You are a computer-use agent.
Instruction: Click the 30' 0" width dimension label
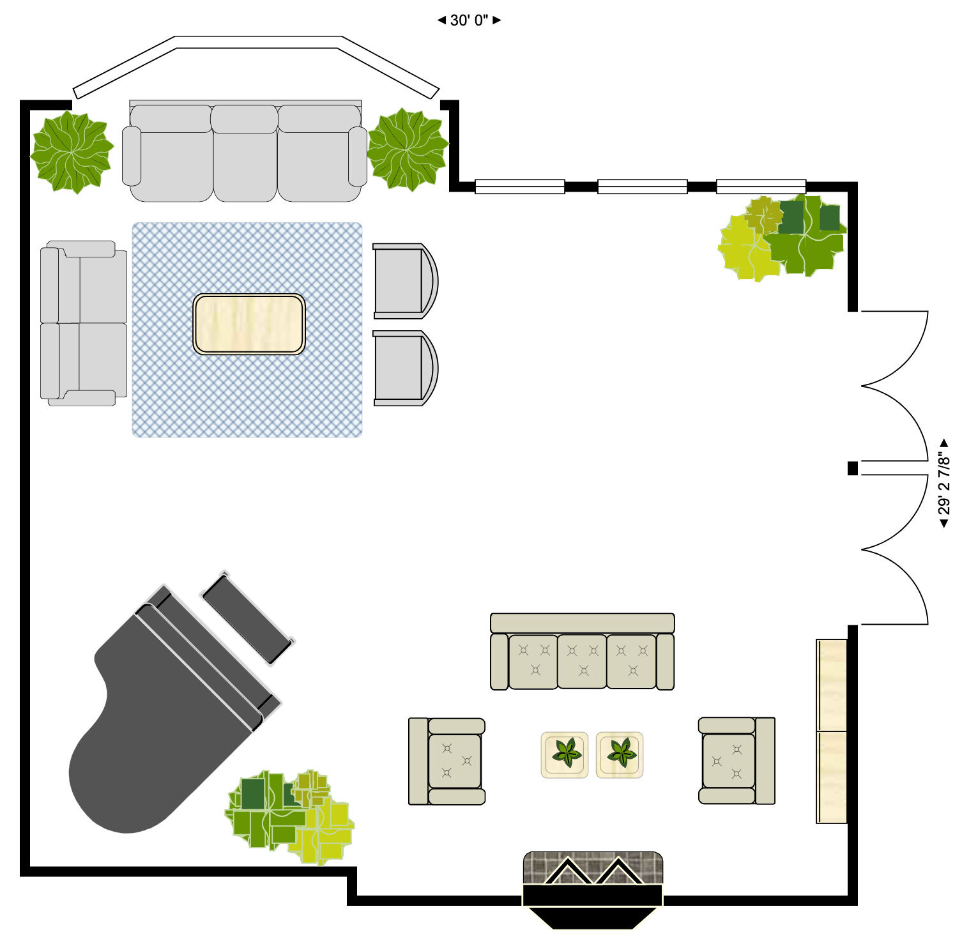click(469, 20)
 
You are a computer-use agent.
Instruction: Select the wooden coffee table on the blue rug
click(249, 324)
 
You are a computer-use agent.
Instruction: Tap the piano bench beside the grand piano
click(248, 618)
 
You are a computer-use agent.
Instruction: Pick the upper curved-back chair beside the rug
click(402, 281)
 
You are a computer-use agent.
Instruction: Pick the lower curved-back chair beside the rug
click(402, 369)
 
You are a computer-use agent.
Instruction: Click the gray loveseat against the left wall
click(83, 323)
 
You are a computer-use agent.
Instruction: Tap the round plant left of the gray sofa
click(72, 152)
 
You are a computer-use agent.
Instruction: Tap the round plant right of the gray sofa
click(408, 150)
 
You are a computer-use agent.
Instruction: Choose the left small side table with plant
click(565, 754)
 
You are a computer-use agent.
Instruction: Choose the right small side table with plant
click(620, 754)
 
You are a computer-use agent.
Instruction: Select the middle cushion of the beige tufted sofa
click(582, 662)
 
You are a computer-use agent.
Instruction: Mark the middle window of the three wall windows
click(642, 187)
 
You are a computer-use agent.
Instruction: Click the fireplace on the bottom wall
click(593, 885)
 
